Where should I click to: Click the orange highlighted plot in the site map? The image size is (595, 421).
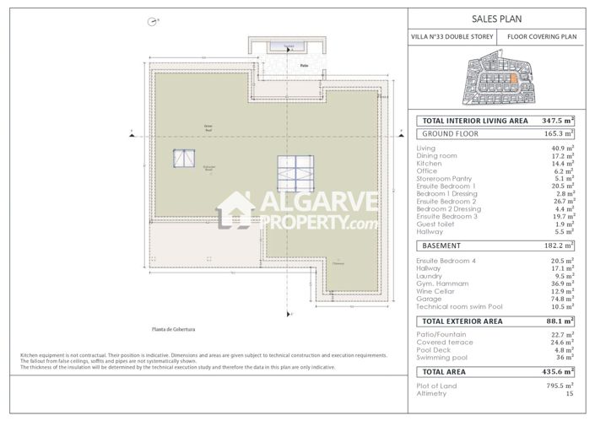pos(511,79)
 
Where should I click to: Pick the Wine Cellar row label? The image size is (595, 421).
pos(435,291)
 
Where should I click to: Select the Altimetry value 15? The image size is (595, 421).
pos(569,393)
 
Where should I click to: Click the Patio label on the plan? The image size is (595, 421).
pos(303,64)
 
